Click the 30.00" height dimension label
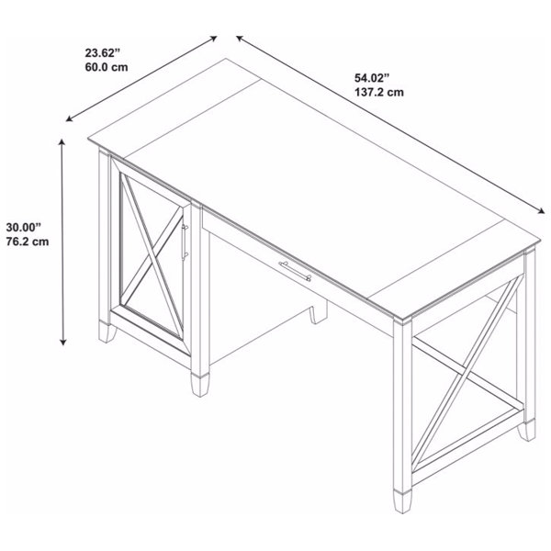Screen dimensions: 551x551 coord(25,226)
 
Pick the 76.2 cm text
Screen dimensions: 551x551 coord(27,242)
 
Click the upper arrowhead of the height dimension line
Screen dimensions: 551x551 coord(62,141)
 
